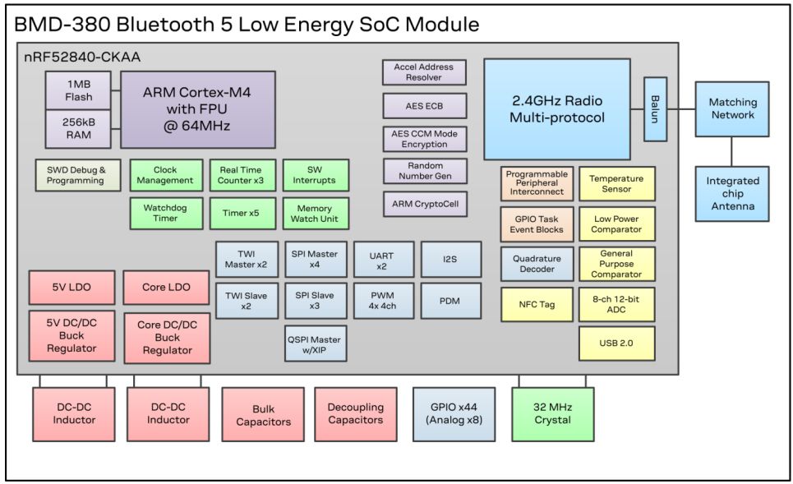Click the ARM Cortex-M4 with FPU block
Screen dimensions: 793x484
198,109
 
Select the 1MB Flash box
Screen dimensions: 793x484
78,90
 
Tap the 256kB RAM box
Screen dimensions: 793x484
78,129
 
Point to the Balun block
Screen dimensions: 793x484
656,109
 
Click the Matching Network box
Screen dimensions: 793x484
732,108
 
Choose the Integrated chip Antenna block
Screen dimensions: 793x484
732,194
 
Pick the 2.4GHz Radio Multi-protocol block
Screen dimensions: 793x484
557,109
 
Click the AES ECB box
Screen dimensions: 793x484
424,106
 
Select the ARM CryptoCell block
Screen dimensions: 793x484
425,204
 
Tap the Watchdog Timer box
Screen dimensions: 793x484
166,213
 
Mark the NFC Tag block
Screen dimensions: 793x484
537,305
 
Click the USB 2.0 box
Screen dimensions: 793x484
616,343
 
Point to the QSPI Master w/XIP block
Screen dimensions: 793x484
316,343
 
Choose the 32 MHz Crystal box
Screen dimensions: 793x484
553,414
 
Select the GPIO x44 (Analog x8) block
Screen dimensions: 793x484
454,414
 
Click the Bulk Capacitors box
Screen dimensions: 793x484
263,414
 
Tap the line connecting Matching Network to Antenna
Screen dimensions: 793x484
732,152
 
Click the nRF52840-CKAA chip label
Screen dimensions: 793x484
82,58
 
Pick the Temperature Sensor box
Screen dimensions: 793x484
616,183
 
